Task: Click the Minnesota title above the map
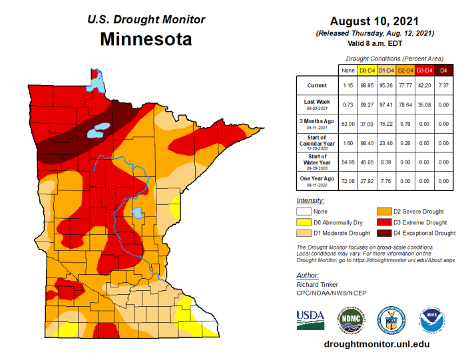point(146,39)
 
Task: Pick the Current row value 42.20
point(425,86)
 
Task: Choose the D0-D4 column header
point(366,69)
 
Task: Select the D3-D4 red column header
point(425,69)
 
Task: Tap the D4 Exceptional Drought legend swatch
point(384,233)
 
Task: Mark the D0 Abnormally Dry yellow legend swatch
point(304,222)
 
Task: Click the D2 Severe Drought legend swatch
point(384,211)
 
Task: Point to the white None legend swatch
point(304,211)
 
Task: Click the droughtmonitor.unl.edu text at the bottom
point(376,344)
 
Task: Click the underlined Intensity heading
point(310,200)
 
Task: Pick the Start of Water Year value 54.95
point(347,162)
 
